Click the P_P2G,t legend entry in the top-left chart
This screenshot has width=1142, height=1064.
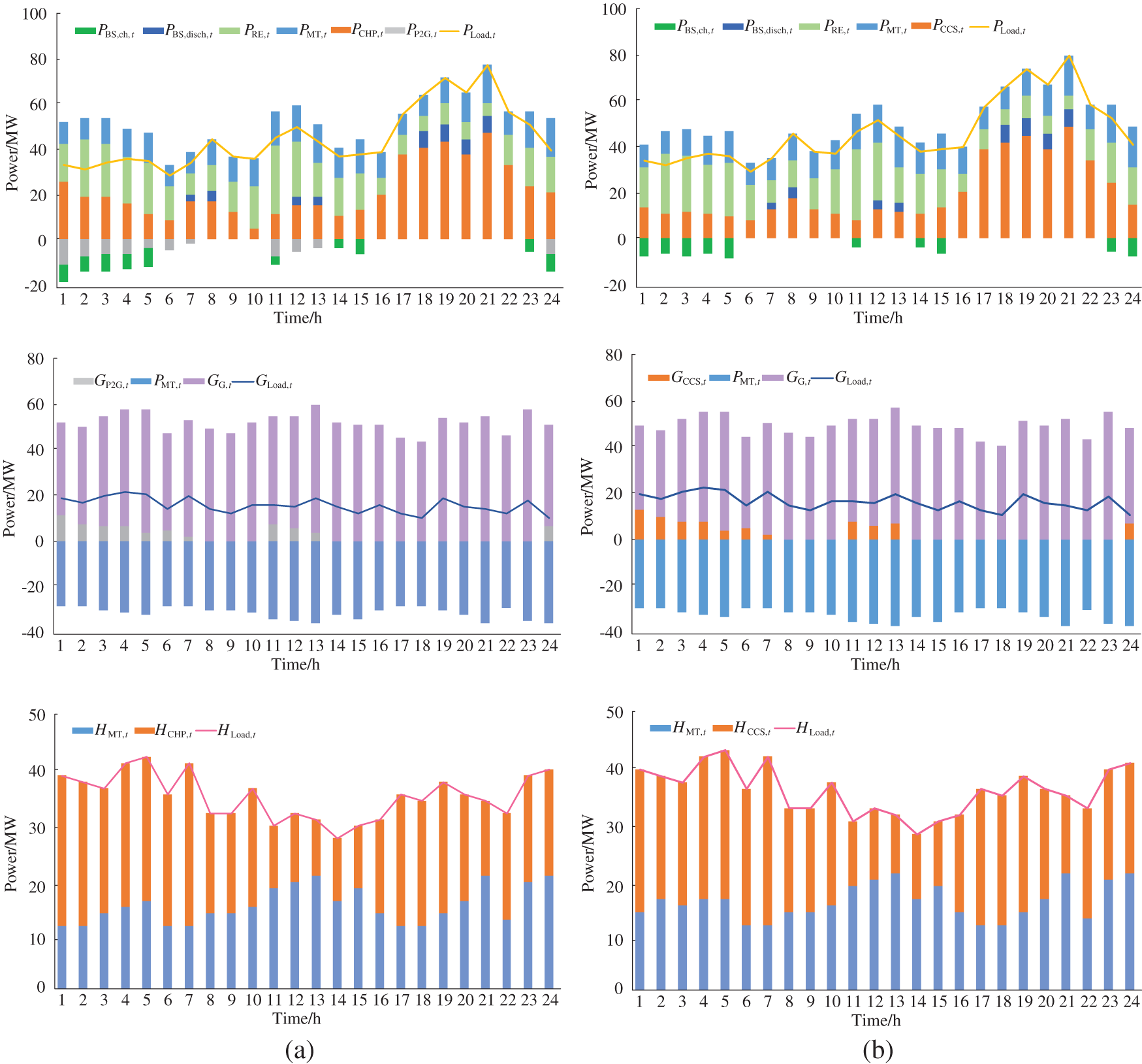tap(411, 31)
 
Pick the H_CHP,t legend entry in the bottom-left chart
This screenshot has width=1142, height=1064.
tap(164, 731)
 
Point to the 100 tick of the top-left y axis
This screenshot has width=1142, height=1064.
tap(34, 14)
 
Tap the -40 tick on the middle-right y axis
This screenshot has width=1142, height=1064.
tap(611, 632)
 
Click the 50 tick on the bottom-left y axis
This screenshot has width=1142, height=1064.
tap(37, 715)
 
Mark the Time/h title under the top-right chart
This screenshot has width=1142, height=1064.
tap(878, 318)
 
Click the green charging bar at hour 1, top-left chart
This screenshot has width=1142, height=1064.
tap(63, 273)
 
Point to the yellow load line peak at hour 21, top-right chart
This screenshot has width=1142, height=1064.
tap(1069, 56)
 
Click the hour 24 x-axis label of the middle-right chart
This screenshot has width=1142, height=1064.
tap(1130, 645)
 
